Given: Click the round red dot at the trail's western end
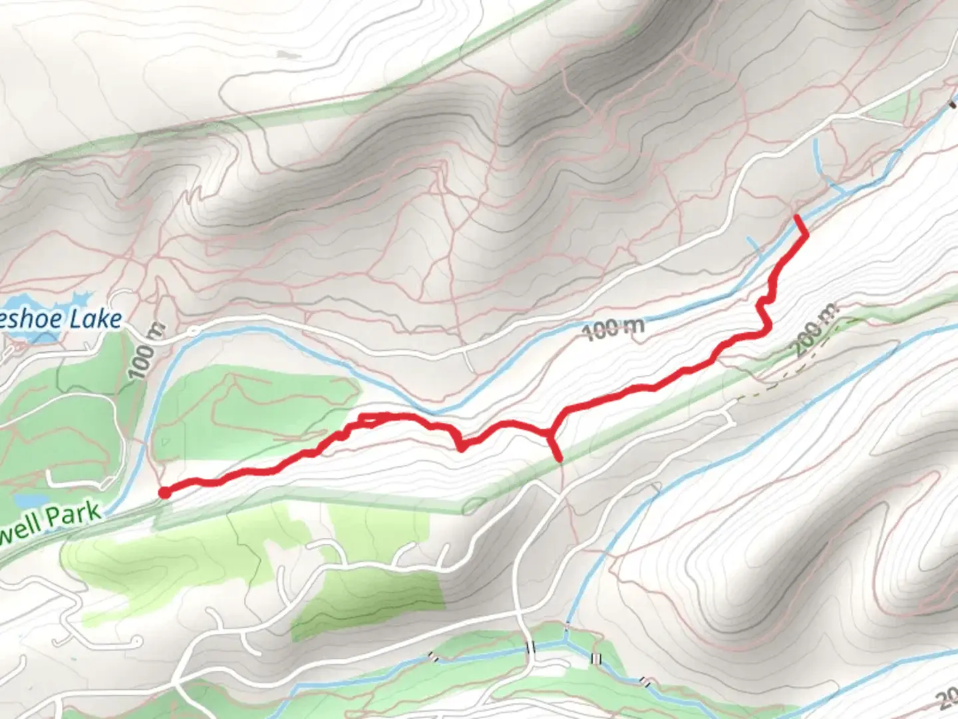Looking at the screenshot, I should pyautogui.click(x=164, y=493).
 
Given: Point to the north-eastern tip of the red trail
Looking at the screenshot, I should pyautogui.click(x=797, y=216).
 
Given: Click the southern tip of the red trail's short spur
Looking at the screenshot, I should pyautogui.click(x=560, y=459).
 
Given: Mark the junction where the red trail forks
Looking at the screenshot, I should pyautogui.click(x=550, y=435).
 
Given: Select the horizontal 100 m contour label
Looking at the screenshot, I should pyautogui.click(x=615, y=328).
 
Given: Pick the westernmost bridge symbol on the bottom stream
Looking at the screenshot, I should pyautogui.click(x=434, y=657).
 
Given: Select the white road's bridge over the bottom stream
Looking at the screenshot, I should pyautogui.click(x=530, y=648).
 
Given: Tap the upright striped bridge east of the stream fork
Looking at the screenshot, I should pyautogui.click(x=595, y=658).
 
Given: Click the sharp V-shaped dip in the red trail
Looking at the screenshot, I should pyautogui.click(x=461, y=447).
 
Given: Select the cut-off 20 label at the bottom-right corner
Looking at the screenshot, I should pyautogui.click(x=948, y=699).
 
